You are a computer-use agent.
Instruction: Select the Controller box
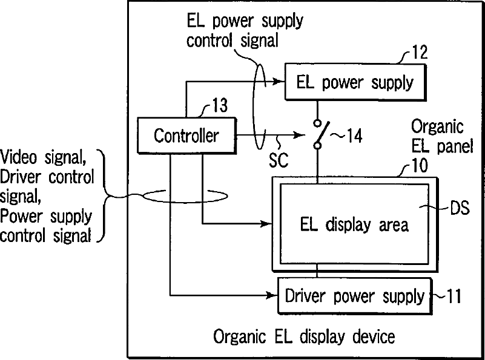click(186, 136)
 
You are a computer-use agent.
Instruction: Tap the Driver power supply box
click(354, 296)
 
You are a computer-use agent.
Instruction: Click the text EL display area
click(354, 224)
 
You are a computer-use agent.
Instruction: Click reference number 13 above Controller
click(219, 108)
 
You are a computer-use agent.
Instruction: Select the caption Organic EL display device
click(304, 336)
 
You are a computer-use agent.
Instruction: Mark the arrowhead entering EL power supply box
click(281, 82)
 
